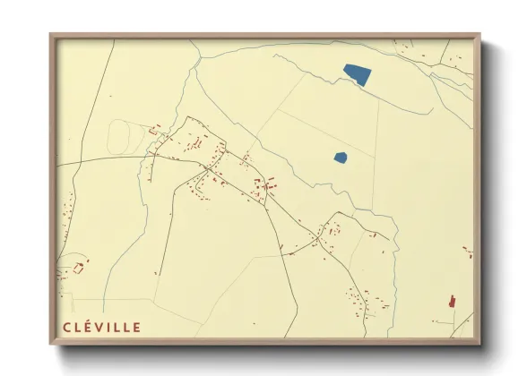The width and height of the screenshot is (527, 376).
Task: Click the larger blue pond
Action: (x=357, y=74)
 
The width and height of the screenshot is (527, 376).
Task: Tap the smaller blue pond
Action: (x=341, y=158)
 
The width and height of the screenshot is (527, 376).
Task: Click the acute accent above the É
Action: (x=91, y=320)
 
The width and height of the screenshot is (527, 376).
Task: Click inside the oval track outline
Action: (x=121, y=135)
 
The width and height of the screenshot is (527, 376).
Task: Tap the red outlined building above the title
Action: (x=77, y=268)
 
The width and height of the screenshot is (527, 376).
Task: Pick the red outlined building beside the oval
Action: (x=153, y=132)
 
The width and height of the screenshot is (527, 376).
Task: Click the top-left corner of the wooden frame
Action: (x=51, y=36)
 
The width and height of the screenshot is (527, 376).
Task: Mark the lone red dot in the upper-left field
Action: (x=110, y=95)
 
